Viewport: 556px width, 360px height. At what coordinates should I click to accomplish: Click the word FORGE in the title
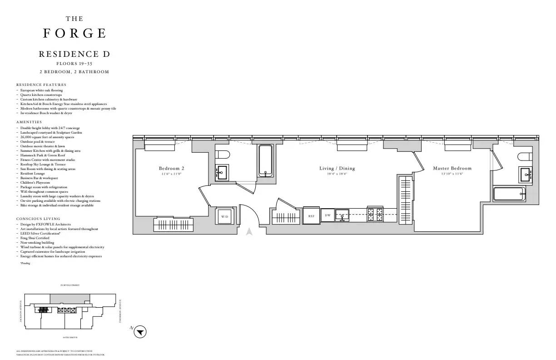74,34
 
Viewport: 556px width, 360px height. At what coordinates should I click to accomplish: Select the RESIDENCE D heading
74,54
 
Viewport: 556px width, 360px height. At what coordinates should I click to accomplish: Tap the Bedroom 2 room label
171,169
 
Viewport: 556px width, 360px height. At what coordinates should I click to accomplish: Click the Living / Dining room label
337,169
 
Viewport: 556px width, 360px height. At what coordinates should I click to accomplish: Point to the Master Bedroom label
452,169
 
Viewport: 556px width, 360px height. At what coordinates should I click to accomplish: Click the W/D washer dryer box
225,217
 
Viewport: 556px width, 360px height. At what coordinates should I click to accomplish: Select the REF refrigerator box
311,216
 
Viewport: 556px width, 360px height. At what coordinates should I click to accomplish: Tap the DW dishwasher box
328,215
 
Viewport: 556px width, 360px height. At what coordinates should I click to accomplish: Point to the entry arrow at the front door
249,231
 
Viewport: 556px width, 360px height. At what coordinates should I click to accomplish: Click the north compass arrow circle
140,332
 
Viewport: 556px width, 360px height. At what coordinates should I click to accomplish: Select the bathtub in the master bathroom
509,194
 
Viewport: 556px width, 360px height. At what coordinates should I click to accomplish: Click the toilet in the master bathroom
524,157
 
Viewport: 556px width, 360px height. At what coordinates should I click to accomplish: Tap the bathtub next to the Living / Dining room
265,160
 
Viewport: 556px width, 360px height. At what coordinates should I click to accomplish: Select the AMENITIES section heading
29,122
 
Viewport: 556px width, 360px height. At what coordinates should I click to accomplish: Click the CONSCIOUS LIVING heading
38,219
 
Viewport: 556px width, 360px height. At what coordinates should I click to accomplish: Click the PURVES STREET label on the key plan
70,285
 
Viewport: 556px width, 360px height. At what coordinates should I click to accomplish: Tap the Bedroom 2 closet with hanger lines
174,224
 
